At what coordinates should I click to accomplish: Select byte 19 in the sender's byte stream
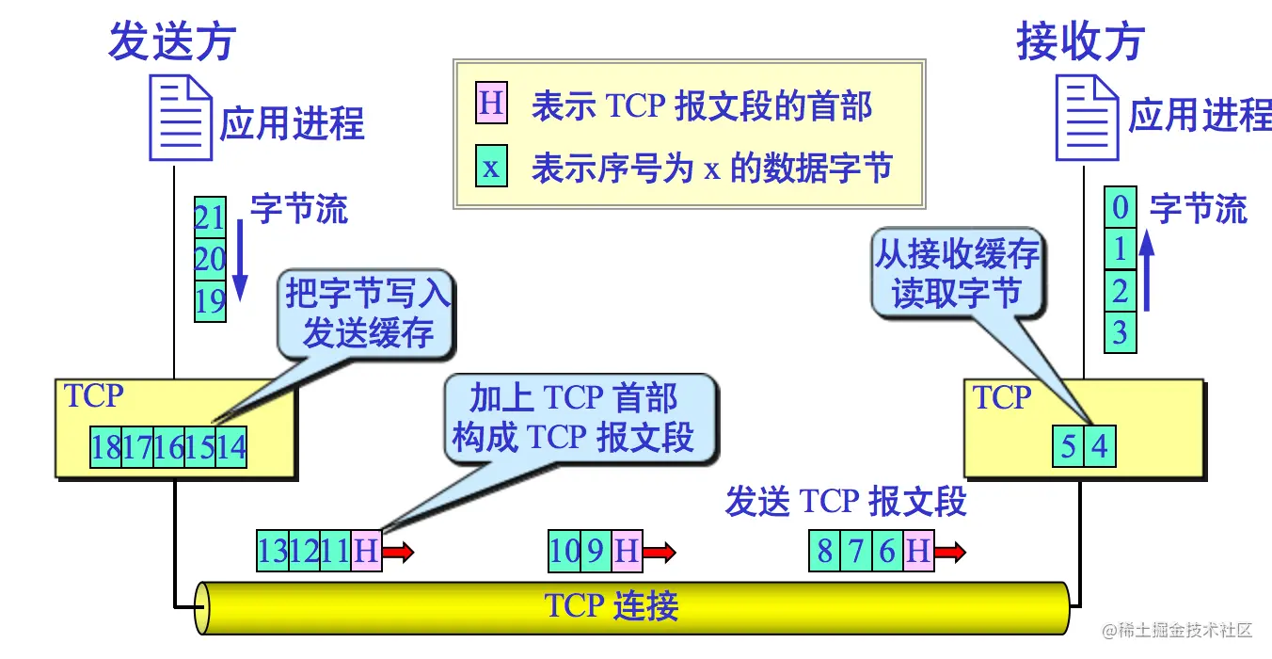(x=210, y=301)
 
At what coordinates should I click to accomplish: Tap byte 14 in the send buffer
(x=231, y=447)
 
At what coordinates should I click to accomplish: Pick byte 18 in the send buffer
(x=105, y=447)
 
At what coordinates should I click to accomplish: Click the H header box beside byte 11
(x=366, y=551)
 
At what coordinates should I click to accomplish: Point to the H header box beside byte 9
(x=626, y=551)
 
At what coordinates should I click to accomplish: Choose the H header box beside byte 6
(x=918, y=551)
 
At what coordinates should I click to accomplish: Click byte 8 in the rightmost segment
(x=824, y=551)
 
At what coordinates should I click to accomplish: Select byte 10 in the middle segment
(x=564, y=551)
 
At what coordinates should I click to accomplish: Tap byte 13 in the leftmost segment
(x=272, y=551)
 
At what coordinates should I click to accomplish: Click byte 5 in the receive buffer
(x=1068, y=445)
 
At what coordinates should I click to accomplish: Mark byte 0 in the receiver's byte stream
(x=1120, y=207)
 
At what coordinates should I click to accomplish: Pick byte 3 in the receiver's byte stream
(x=1120, y=332)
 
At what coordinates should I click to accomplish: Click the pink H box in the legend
(x=491, y=104)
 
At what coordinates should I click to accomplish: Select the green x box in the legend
(x=491, y=169)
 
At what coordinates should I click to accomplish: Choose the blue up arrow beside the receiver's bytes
(x=1146, y=273)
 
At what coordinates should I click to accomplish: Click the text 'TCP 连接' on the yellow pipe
(x=612, y=606)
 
